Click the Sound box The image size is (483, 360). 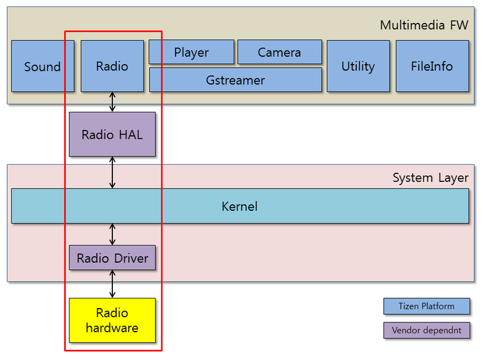click(x=42, y=66)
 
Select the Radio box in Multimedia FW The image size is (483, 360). click(x=112, y=66)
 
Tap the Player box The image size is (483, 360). click(x=191, y=53)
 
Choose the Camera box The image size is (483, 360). click(x=279, y=53)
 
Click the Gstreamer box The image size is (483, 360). click(x=235, y=80)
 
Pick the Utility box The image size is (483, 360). click(x=358, y=66)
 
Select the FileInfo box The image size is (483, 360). click(x=432, y=66)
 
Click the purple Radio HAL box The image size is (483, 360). click(x=112, y=134)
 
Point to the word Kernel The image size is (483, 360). click(x=240, y=207)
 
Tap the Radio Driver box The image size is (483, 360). click(x=112, y=259)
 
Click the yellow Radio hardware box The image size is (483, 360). click(x=112, y=321)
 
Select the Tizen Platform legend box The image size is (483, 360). click(x=426, y=306)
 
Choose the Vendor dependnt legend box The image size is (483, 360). click(x=426, y=330)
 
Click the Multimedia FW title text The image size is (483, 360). click(x=424, y=25)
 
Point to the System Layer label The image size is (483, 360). click(x=430, y=178)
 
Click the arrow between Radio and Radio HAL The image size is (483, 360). click(x=112, y=102)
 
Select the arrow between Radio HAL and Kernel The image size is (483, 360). click(x=112, y=172)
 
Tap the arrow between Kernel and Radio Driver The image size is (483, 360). click(x=112, y=234)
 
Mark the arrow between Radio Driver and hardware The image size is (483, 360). click(x=112, y=284)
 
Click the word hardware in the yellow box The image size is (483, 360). click(x=112, y=329)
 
